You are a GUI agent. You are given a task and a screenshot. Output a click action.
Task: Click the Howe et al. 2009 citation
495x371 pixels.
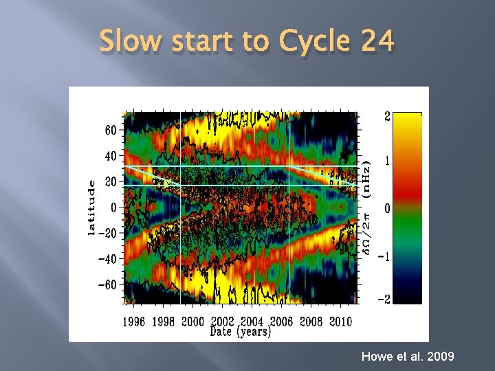tap(406, 357)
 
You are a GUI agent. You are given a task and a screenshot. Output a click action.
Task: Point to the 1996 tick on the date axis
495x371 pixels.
tap(133, 322)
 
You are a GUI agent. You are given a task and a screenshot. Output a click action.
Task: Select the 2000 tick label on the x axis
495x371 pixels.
tap(192, 322)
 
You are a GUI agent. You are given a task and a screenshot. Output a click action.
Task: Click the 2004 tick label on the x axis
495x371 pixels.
tap(252, 322)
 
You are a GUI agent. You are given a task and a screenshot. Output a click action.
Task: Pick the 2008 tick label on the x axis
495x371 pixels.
tap(311, 322)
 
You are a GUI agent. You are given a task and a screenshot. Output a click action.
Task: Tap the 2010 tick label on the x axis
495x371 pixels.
tap(342, 322)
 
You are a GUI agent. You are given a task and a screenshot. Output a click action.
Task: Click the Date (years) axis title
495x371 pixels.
tap(240, 332)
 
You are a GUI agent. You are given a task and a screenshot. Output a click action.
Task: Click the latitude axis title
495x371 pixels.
tap(91, 207)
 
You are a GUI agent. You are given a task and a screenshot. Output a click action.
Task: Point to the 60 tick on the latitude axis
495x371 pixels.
tap(110, 130)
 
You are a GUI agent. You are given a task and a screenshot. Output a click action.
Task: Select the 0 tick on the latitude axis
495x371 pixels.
tap(113, 207)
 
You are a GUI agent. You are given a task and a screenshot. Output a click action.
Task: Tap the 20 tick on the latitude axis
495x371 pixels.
tap(110, 181)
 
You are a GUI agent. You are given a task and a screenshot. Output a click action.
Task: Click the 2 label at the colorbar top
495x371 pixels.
tap(387, 117)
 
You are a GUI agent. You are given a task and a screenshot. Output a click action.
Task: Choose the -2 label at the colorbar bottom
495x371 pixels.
tap(387, 299)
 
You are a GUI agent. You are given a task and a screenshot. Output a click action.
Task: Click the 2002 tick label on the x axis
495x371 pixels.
tap(222, 322)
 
